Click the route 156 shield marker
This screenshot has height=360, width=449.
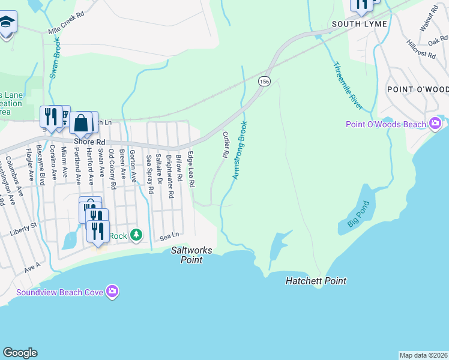point(264,81)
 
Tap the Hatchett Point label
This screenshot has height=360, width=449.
point(316,281)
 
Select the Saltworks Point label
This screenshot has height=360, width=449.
point(187,255)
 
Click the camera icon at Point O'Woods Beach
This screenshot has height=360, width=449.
point(435,124)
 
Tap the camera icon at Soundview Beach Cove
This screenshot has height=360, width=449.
point(112,292)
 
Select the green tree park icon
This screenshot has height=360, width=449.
point(136,235)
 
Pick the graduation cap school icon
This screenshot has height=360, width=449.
point(7,24)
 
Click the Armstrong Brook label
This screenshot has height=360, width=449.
point(239,150)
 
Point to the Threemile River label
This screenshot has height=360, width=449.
point(348,85)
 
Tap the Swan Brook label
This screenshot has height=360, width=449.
point(55,60)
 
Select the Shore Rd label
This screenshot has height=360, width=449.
point(85,142)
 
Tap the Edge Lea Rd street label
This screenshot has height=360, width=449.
point(190,170)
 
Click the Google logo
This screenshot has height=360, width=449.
point(20,353)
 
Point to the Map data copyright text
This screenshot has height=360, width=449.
point(423,355)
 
